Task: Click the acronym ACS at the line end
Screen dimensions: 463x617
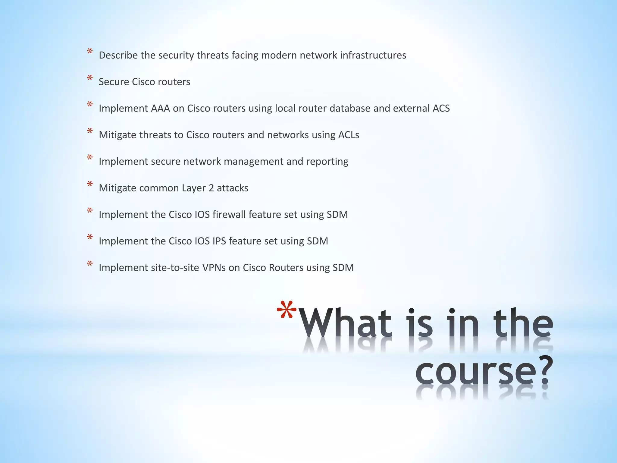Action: tap(441, 108)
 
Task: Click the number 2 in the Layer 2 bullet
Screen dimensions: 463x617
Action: tap(211, 188)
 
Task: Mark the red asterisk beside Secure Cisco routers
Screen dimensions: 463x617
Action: tap(90, 78)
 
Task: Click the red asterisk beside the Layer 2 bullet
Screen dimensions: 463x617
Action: tap(90, 184)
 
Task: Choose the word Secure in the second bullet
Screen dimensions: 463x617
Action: tap(114, 82)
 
